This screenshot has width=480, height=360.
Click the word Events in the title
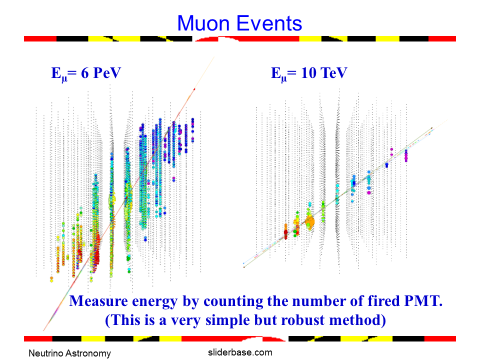[270, 23]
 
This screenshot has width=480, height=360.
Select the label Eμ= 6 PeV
[86, 73]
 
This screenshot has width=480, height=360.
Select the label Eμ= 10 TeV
[309, 73]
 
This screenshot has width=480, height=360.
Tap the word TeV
[332, 73]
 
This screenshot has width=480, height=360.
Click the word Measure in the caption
[95, 301]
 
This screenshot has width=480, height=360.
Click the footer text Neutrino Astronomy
[69, 353]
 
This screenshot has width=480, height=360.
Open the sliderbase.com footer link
[240, 352]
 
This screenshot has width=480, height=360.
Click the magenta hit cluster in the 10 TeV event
[406, 155]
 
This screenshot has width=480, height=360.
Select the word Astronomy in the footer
[88, 353]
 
